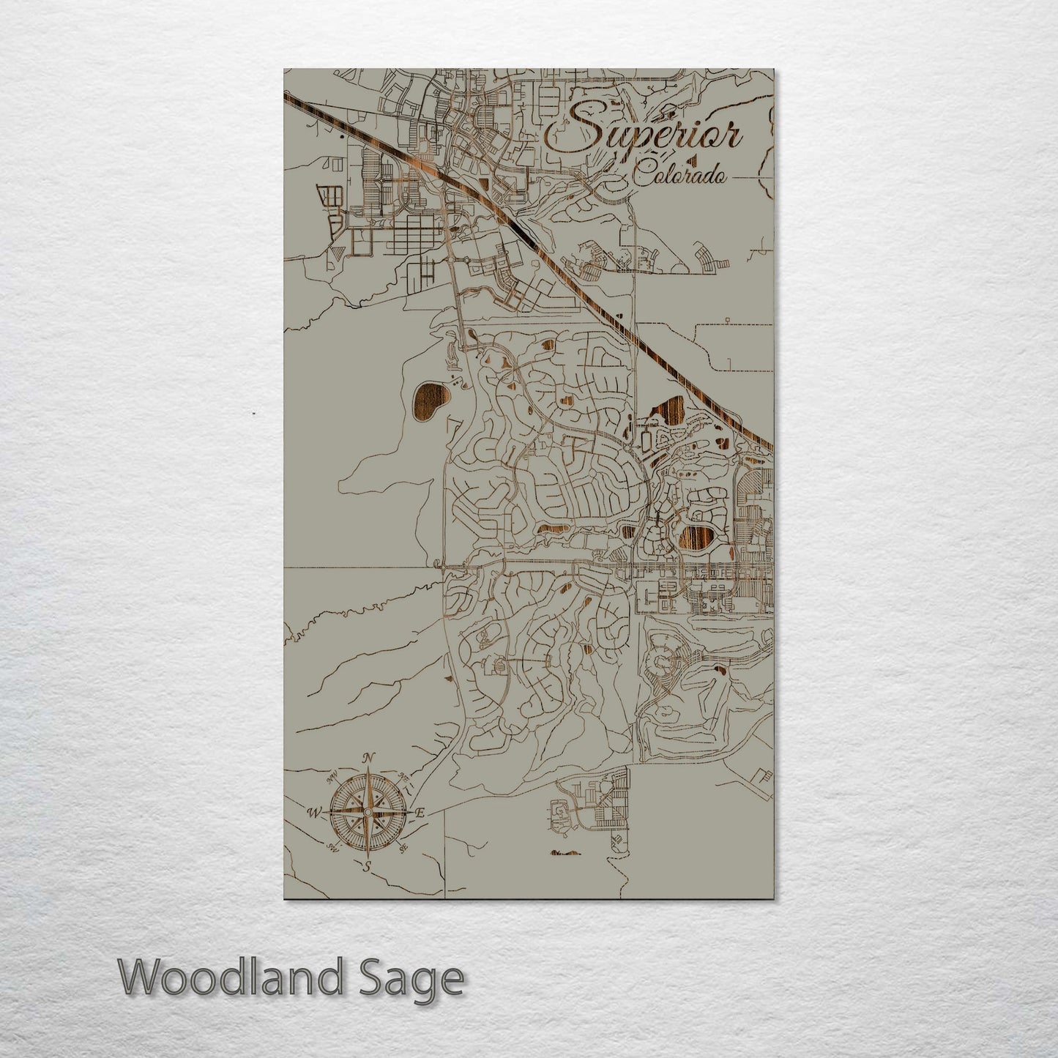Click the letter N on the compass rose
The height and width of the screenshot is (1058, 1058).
tap(370, 758)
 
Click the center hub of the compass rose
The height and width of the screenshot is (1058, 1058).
tap(368, 811)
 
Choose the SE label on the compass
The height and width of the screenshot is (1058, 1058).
tap(403, 849)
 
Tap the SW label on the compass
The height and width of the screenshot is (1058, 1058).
tap(332, 849)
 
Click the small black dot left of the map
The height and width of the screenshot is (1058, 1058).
tap(253, 414)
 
